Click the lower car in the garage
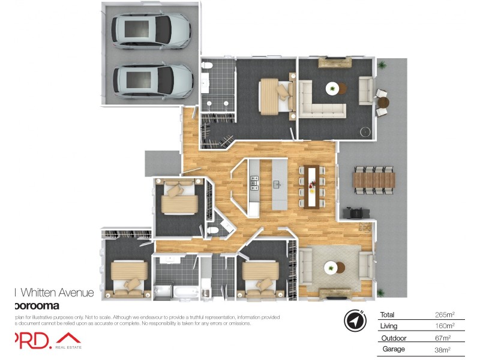click(x=151, y=79)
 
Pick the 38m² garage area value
click(x=442, y=349)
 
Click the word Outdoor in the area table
click(x=393, y=338)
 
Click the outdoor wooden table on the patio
click(x=374, y=179)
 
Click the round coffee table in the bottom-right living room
click(x=332, y=268)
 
